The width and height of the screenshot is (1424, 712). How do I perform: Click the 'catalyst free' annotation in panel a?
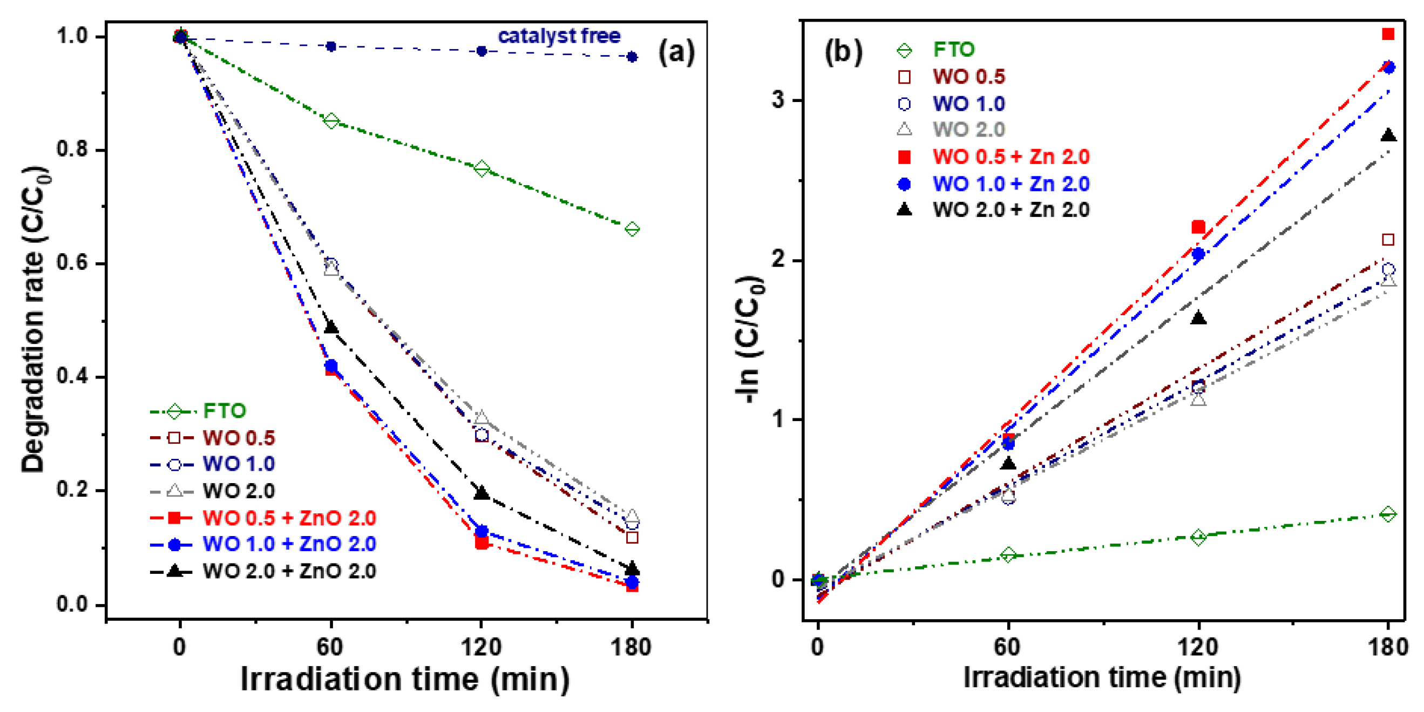pyautogui.click(x=559, y=36)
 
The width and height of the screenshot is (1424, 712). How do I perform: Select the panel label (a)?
pyautogui.click(x=676, y=53)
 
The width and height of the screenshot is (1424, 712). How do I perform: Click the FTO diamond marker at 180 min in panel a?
pyautogui.click(x=632, y=229)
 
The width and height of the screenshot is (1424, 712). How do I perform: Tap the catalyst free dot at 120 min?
pyautogui.click(x=482, y=51)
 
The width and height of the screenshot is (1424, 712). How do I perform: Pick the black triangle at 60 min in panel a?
pyautogui.click(x=330, y=327)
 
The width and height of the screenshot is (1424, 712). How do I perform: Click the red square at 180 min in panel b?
pyautogui.click(x=1387, y=34)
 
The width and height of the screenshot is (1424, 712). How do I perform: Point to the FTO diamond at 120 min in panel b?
pyautogui.click(x=1198, y=537)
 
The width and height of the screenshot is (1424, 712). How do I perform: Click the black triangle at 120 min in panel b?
pyautogui.click(x=1198, y=318)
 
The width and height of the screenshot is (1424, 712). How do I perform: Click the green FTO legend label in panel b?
pyautogui.click(x=954, y=50)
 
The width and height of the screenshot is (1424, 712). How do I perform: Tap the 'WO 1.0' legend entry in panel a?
pyautogui.click(x=238, y=464)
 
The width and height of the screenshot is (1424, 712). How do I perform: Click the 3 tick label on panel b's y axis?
pyautogui.click(x=778, y=100)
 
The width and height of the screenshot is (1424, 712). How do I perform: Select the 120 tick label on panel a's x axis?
pyautogui.click(x=481, y=646)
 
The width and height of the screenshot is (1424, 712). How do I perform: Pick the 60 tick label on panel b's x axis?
pyautogui.click(x=1008, y=646)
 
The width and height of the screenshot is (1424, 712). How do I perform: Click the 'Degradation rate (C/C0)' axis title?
pyautogui.click(x=34, y=319)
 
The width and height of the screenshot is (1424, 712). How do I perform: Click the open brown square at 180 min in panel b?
pyautogui.click(x=1387, y=239)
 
